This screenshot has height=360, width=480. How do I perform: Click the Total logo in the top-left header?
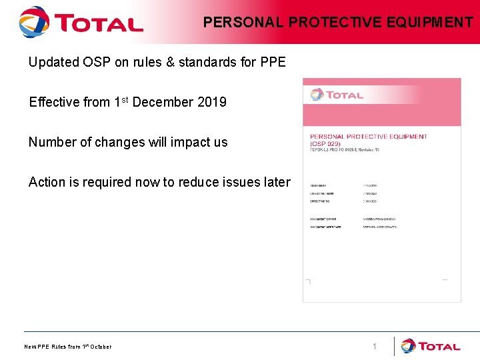click(81, 22)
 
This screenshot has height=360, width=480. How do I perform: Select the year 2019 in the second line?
click(211, 102)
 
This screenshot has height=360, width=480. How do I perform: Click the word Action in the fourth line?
click(47, 182)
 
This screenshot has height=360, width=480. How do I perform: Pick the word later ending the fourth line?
click(277, 182)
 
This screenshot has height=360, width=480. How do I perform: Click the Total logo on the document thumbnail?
click(337, 95)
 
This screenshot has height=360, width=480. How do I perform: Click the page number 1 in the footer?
click(375, 347)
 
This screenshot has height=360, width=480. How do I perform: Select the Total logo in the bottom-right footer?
click(431, 346)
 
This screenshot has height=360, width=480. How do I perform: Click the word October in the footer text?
click(101, 347)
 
